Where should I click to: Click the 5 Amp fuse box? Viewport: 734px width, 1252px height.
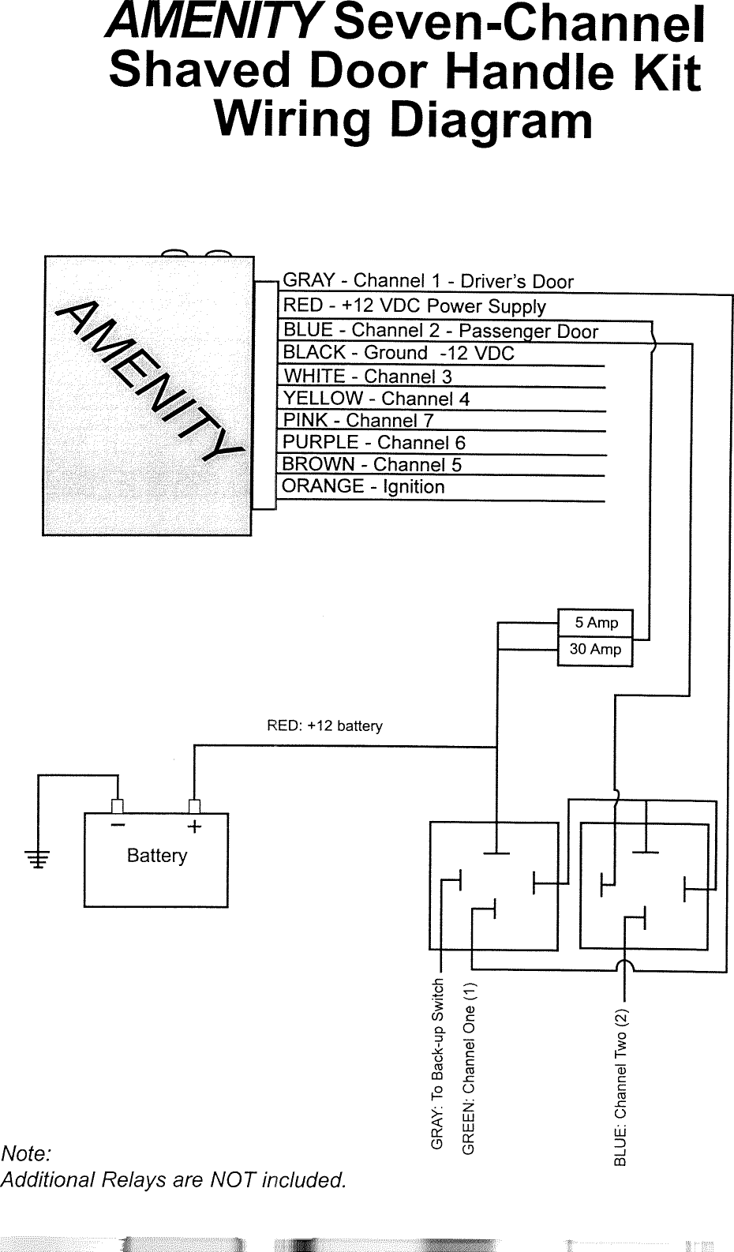(x=595, y=623)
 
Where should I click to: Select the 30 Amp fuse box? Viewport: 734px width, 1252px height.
(x=595, y=650)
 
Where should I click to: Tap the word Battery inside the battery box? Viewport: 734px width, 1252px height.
(x=157, y=856)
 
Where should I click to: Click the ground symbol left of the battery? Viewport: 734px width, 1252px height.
(x=37, y=858)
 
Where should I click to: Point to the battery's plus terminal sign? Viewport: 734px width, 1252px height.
(x=194, y=827)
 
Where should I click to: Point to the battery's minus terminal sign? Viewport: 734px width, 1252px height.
(x=118, y=826)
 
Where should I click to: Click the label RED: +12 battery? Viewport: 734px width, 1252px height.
(x=324, y=725)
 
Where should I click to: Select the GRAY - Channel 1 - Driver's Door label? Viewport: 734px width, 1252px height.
(x=428, y=281)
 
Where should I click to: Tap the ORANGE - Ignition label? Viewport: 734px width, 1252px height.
(x=363, y=486)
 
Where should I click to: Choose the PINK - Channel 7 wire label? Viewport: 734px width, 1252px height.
(x=358, y=421)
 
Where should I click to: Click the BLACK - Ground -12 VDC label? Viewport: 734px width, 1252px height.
(x=398, y=353)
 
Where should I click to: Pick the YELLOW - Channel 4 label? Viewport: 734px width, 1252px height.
(x=376, y=399)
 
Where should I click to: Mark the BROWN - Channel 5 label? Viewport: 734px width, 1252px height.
(x=372, y=464)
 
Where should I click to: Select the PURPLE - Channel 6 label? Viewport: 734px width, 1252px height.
(x=374, y=442)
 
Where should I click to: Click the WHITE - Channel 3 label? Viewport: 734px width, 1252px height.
(x=367, y=376)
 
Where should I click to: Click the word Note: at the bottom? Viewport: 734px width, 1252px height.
(x=26, y=1153)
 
